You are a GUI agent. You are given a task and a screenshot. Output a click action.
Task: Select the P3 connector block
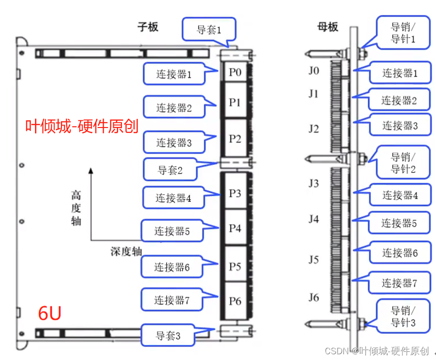235,194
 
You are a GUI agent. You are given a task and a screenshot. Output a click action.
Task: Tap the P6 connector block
235,301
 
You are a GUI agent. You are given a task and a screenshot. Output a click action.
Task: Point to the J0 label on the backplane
314,71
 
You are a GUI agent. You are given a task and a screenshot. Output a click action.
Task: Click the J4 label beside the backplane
314,219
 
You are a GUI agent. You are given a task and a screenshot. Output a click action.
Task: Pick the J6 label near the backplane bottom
314,298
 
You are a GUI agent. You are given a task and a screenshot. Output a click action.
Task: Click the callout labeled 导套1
209,30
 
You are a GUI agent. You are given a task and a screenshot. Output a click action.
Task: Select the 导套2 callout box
171,170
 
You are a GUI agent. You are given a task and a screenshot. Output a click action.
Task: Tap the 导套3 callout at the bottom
168,336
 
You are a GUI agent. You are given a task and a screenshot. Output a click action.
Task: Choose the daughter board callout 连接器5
172,232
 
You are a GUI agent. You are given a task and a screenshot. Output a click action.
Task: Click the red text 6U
49,314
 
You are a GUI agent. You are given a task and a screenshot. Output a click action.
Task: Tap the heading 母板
328,27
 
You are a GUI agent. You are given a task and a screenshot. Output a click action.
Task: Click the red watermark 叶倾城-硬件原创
82,126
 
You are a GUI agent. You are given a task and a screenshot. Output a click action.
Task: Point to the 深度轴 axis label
126,251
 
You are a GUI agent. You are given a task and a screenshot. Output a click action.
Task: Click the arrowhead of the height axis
91,170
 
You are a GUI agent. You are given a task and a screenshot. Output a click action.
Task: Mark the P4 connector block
235,228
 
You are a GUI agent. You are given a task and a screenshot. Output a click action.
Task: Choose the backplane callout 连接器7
399,283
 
